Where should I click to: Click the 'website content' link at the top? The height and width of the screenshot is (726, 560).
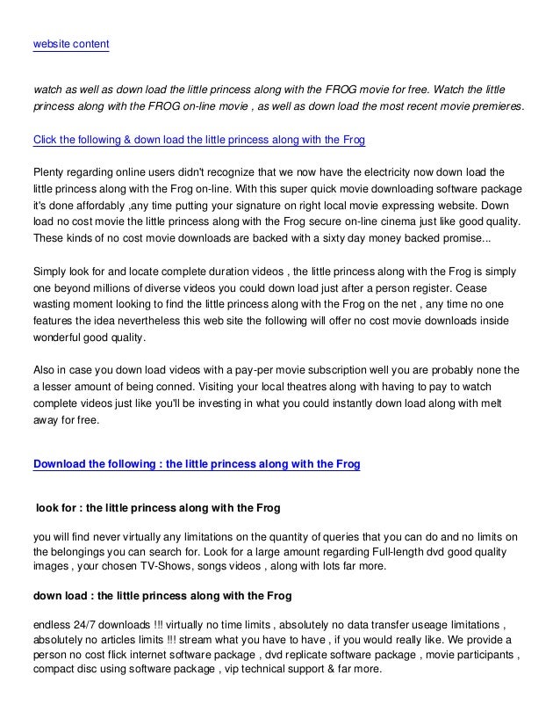(70, 43)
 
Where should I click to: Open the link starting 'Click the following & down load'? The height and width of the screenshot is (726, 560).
(198, 140)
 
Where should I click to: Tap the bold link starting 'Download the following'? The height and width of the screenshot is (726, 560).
(196, 464)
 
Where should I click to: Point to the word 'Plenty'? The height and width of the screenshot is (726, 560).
(49, 171)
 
